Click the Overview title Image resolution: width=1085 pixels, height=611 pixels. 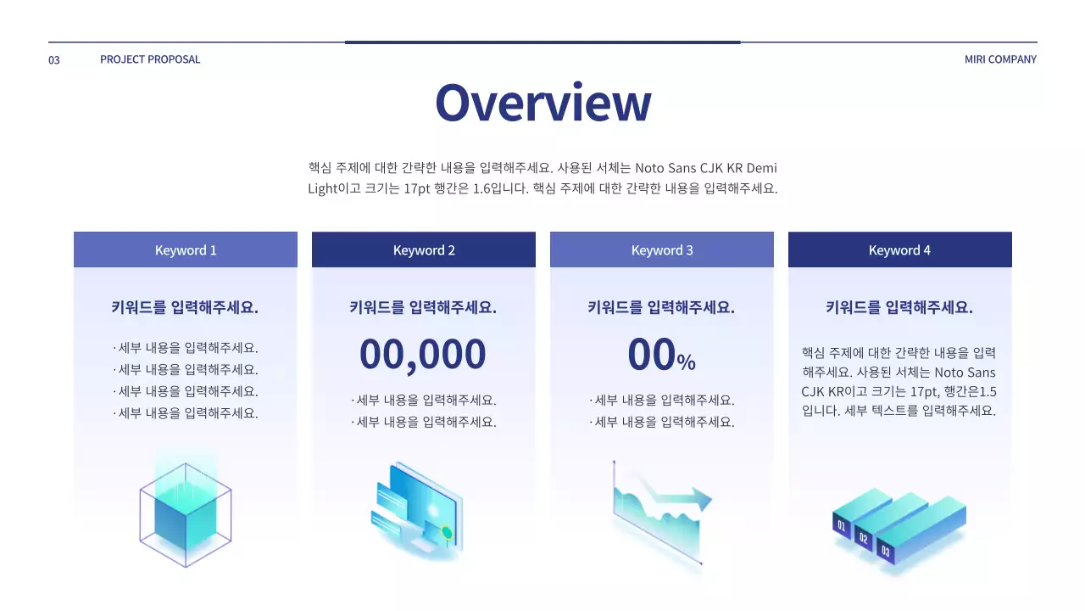pos(542,103)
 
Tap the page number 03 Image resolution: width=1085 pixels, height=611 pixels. pos(54,60)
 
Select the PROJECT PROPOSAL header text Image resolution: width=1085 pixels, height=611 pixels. pos(150,59)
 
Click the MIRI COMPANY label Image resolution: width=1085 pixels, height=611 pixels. pos(1000,59)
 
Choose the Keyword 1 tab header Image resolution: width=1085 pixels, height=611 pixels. pos(186,250)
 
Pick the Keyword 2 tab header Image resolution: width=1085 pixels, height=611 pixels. pos(424,250)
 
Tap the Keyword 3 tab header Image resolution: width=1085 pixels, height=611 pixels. pos(662,250)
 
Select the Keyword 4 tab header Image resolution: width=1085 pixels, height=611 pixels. pos(899,250)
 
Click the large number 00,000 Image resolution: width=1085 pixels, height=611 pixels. pos(423,355)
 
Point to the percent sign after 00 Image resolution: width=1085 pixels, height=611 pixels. pos(687,363)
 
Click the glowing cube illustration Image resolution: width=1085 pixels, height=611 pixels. pos(185,509)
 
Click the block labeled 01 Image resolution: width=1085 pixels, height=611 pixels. pos(842,526)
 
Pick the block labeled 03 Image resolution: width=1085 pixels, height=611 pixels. pos(886,551)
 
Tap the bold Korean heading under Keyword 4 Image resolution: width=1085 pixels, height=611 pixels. pos(899,308)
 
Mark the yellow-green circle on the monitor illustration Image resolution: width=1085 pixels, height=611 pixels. pos(446,533)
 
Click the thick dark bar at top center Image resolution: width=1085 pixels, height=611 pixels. pos(542,42)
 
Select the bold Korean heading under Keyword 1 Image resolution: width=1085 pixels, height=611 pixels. pos(185,308)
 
